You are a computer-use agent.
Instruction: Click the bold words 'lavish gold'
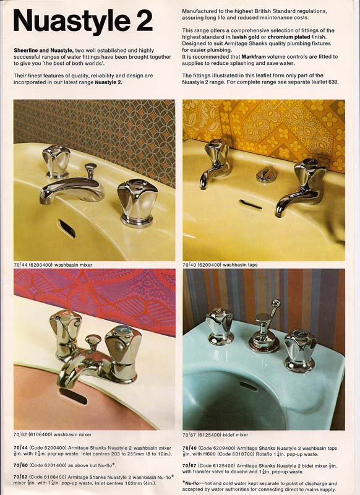(x=246, y=37)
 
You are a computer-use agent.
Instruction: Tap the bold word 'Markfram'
(x=254, y=57)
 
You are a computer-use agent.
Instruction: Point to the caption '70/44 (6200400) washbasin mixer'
(x=53, y=265)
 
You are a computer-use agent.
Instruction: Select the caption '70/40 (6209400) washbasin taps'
(x=220, y=265)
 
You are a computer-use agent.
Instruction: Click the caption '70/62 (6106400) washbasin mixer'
(x=53, y=434)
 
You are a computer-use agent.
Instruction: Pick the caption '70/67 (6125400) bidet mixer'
(x=215, y=435)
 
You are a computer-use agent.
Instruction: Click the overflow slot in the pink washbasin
(x=73, y=396)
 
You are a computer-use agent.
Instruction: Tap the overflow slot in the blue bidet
(x=248, y=386)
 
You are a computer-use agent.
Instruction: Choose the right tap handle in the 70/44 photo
(x=137, y=202)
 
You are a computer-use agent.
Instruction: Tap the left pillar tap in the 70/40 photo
(x=215, y=162)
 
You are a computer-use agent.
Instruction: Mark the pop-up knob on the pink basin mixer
(x=93, y=342)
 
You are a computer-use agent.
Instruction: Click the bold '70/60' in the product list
(x=20, y=465)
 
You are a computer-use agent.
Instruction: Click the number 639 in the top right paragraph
(x=333, y=82)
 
